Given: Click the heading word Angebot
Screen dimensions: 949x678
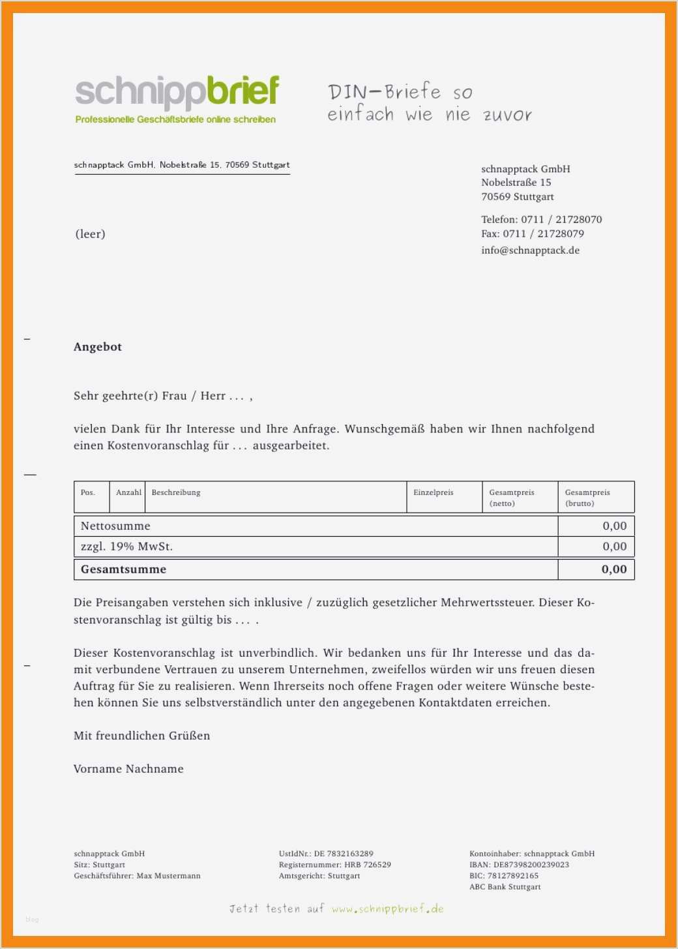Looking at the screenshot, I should (x=98, y=347).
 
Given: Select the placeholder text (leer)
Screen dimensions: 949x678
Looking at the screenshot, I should (x=90, y=234).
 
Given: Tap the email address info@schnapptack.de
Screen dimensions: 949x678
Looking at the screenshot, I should (x=530, y=250).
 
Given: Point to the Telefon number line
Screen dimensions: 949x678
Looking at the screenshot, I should (x=541, y=220).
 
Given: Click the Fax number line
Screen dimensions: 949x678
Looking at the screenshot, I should (x=532, y=233).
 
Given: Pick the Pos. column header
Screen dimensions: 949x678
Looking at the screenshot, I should (x=88, y=492).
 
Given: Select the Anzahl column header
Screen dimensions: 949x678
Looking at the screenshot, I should (x=128, y=492).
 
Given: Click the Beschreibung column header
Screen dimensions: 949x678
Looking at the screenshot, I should (x=176, y=492).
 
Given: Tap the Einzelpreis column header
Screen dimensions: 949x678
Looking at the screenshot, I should (x=433, y=492).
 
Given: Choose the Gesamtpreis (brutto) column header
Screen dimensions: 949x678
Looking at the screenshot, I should (x=587, y=498).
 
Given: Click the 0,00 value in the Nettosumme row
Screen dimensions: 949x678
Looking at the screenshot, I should (x=614, y=526).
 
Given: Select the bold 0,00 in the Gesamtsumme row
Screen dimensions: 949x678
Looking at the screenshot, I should (x=614, y=569).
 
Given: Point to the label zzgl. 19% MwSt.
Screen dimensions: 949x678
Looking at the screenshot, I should (x=126, y=547).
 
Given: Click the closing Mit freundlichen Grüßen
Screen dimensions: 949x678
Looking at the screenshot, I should (x=141, y=736).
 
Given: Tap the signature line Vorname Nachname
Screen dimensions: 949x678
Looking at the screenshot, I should (x=128, y=769).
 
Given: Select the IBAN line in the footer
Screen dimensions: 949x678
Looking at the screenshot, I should (x=519, y=865).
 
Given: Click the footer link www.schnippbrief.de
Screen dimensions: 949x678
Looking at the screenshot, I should (x=387, y=909).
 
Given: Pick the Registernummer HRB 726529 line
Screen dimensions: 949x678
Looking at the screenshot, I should (x=334, y=865).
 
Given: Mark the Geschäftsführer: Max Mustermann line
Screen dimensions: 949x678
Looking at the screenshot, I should (x=137, y=876).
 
